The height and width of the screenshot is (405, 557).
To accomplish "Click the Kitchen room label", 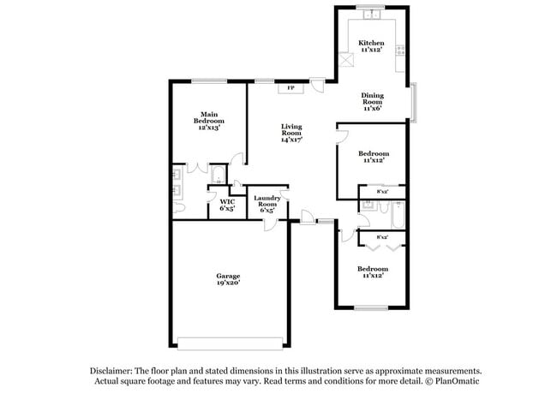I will [371, 43].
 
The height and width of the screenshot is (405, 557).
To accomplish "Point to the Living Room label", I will [291, 130].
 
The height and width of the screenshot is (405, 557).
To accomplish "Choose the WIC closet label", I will [227, 202].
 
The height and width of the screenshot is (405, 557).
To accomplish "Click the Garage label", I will [227, 276].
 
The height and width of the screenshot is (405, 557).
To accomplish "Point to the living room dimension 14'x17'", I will [291, 140].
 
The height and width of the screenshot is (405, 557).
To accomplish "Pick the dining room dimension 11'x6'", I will [371, 109].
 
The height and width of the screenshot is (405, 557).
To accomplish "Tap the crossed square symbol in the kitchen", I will [347, 60].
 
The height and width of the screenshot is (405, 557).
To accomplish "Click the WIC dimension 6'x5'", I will [227, 209].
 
